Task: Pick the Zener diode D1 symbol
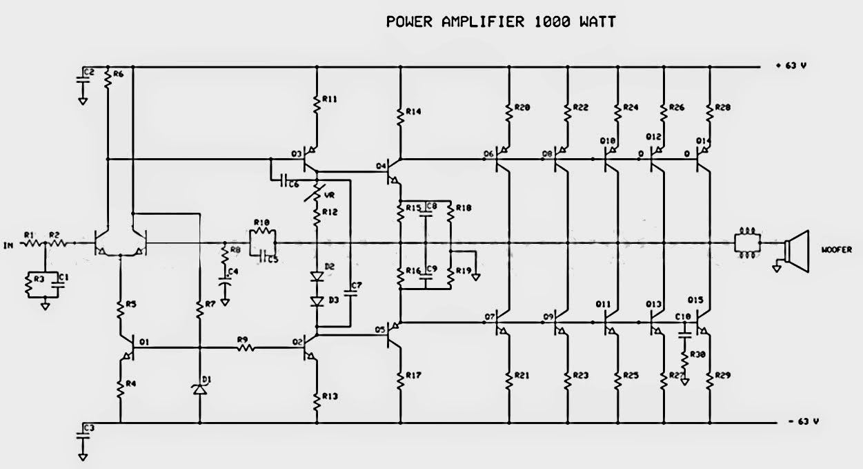coord(199,390)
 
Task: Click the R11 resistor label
coord(329,99)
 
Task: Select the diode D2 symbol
coord(317,277)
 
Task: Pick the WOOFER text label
coord(833,249)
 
